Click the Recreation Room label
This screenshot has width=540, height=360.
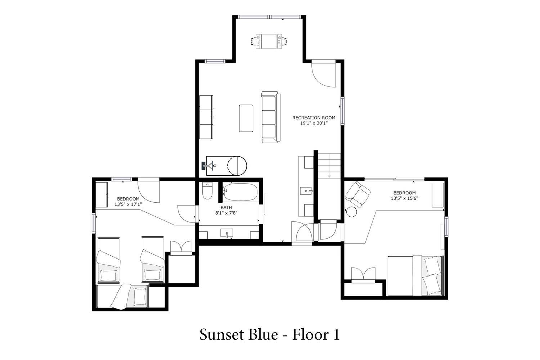pyautogui.click(x=314, y=118)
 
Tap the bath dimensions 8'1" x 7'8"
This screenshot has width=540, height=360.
pyautogui.click(x=226, y=213)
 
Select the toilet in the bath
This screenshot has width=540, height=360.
pyautogui.click(x=207, y=191)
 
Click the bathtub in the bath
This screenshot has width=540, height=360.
pyautogui.click(x=240, y=192)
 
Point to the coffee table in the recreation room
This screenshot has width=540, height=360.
pyautogui.click(x=246, y=118)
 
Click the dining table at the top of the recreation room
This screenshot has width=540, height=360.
pyautogui.click(x=269, y=41)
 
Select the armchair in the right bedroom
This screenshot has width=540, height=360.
pyautogui.click(x=358, y=194)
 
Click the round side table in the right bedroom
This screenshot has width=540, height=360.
pyautogui.click(x=351, y=212)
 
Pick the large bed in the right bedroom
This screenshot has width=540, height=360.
pyautogui.click(x=415, y=276)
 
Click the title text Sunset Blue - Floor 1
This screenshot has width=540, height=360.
pyautogui.click(x=270, y=334)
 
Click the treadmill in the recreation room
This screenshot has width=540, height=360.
pyautogui.click(x=224, y=166)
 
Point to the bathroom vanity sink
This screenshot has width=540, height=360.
pyautogui.click(x=226, y=233)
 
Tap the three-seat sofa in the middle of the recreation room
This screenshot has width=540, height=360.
pyautogui.click(x=271, y=117)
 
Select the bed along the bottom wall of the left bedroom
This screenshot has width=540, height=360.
pyautogui.click(x=123, y=296)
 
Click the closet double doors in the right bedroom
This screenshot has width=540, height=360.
pyautogui.click(x=363, y=274)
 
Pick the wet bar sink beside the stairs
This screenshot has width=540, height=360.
pyautogui.click(x=306, y=191)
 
